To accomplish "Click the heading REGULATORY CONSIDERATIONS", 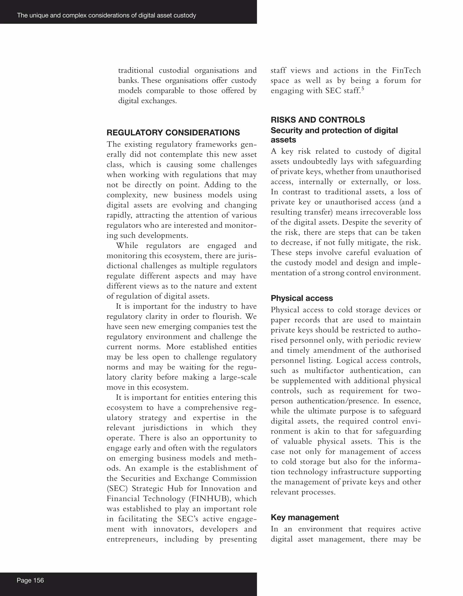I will point(173,133).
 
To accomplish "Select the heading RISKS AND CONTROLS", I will point(318,120).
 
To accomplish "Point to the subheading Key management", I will point(305,517).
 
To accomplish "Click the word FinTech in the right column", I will point(406,70).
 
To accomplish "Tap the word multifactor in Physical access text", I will point(324,371).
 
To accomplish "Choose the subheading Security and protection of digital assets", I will point(334,135).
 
